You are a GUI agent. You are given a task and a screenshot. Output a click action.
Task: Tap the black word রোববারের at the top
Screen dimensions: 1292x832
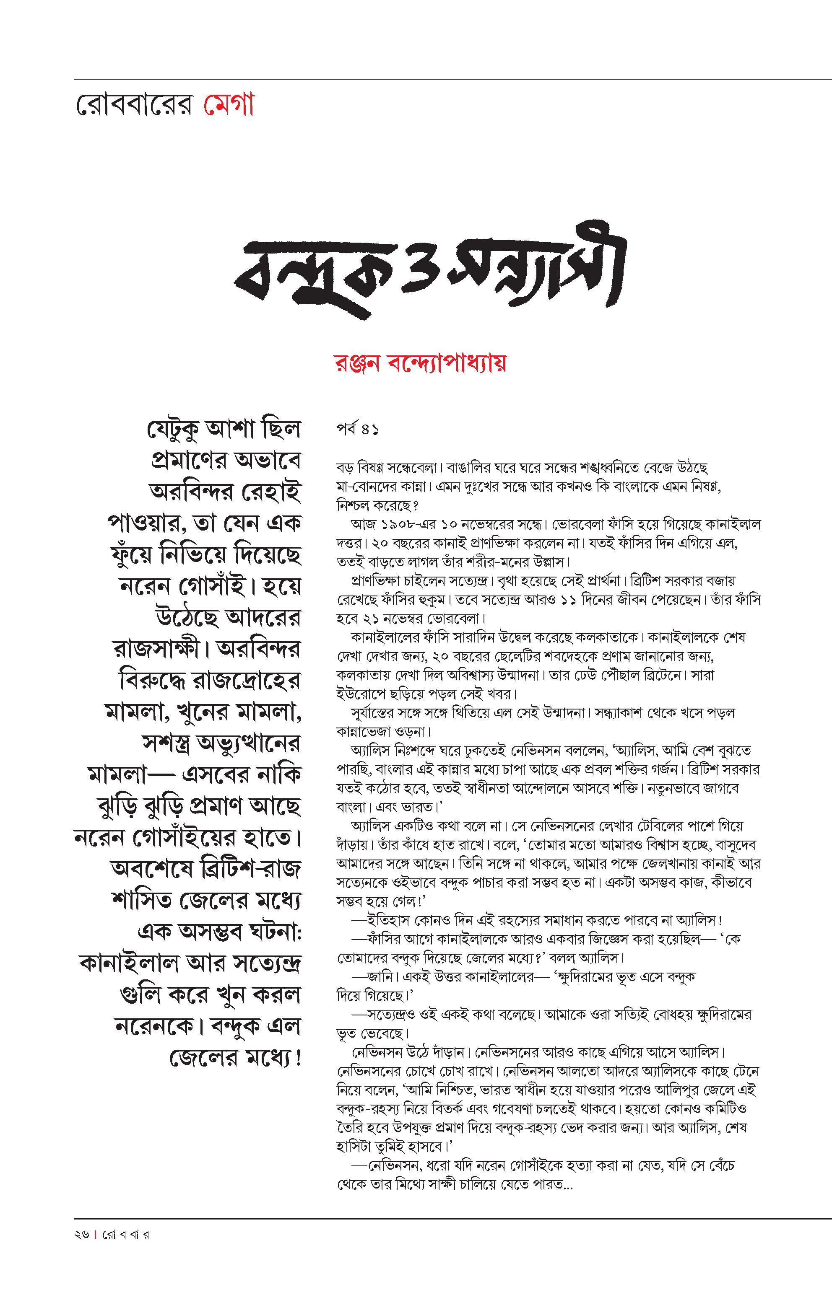coord(133,106)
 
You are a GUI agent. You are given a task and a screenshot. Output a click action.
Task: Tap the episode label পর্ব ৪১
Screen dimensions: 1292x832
coord(357,430)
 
